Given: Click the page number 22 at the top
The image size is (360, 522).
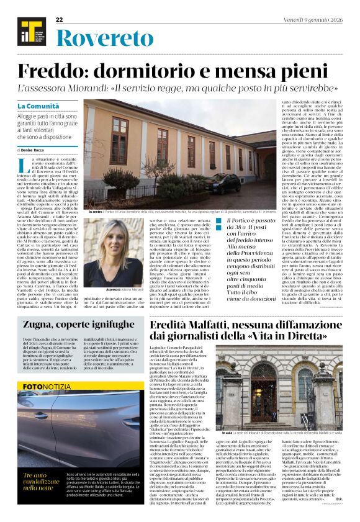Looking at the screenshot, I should coord(60,20).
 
